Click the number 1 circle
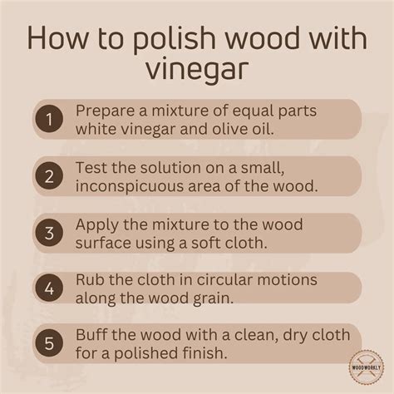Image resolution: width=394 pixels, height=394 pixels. pos(48,119)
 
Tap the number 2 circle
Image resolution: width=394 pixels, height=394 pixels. pos(48,175)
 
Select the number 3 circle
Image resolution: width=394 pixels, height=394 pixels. pos(48,232)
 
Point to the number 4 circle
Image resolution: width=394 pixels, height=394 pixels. pos(48,288)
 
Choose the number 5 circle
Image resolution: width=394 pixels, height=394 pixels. pos(48,342)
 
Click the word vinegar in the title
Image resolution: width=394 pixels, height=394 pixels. pos(197,69)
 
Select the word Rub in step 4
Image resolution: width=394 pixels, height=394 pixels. pos(87,278)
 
